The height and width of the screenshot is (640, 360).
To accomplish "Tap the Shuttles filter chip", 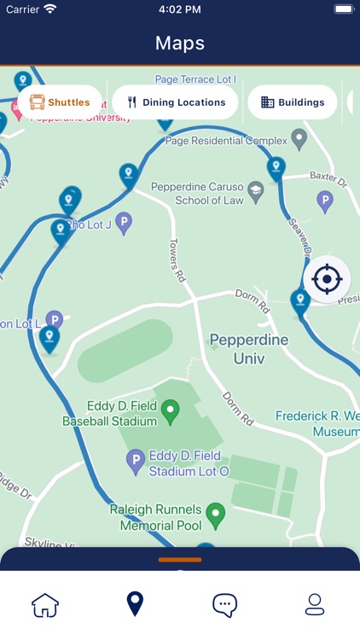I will (60, 102).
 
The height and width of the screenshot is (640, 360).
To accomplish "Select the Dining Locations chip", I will (175, 102).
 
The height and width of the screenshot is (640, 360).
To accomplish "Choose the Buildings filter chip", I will (292, 102).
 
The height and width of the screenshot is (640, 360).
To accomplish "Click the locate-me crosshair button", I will (327, 279).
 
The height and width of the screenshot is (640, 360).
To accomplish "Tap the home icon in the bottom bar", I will (45, 605).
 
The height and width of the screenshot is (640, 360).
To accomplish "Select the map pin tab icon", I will (135, 604).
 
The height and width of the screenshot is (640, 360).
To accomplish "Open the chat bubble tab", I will (224, 605).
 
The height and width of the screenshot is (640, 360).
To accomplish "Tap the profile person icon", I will (315, 605).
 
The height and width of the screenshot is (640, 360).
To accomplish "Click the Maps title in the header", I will (180, 43).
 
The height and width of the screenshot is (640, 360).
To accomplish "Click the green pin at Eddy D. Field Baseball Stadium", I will (171, 411).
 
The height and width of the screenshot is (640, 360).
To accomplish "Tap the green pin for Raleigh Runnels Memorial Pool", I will (217, 514).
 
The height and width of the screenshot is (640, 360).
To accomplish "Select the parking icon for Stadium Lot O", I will (135, 463).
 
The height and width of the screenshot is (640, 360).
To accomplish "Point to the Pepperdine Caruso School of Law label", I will (196, 193).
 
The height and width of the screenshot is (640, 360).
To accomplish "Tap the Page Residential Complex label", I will (224, 141).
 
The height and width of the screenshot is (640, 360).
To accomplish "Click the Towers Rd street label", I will (176, 259).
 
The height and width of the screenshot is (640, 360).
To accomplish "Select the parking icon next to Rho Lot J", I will (124, 224).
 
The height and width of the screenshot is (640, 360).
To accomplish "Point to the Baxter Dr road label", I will (328, 178).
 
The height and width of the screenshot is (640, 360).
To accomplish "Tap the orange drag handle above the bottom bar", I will (180, 560).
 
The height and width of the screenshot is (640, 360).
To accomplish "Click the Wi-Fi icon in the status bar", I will (50, 9).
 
